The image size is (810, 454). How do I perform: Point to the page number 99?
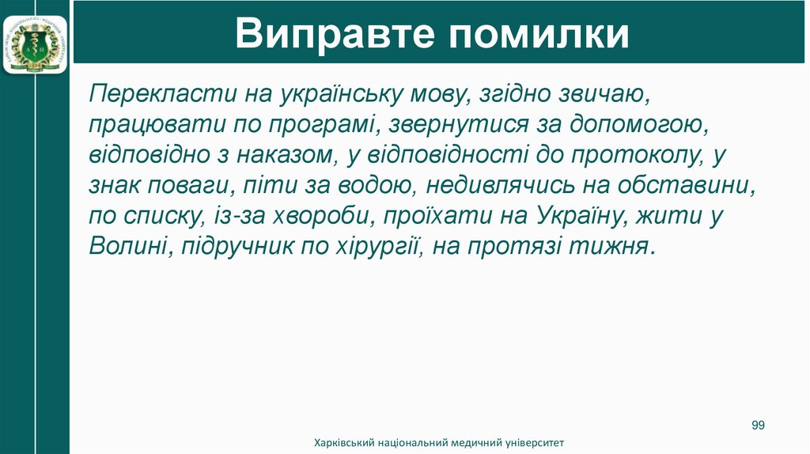[x=758, y=426]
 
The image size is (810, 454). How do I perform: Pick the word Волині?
[x=130, y=245]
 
